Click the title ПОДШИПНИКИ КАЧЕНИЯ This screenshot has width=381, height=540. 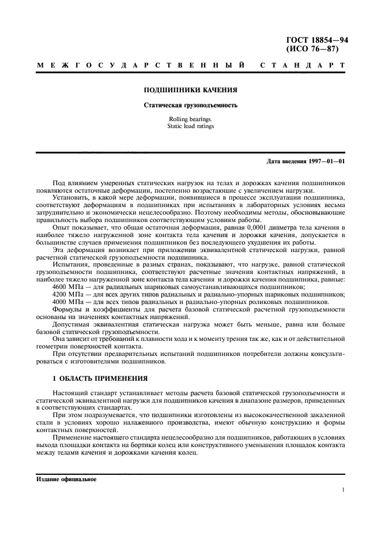click(x=190, y=90)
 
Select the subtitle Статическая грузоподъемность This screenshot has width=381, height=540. click(x=190, y=105)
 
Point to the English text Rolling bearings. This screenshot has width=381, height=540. click(x=190, y=119)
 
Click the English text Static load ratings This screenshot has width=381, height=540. click(x=190, y=126)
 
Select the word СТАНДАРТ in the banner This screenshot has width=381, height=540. click(x=303, y=66)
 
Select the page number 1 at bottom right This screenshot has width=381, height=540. click(x=343, y=490)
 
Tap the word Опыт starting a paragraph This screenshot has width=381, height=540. click(x=61, y=229)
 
